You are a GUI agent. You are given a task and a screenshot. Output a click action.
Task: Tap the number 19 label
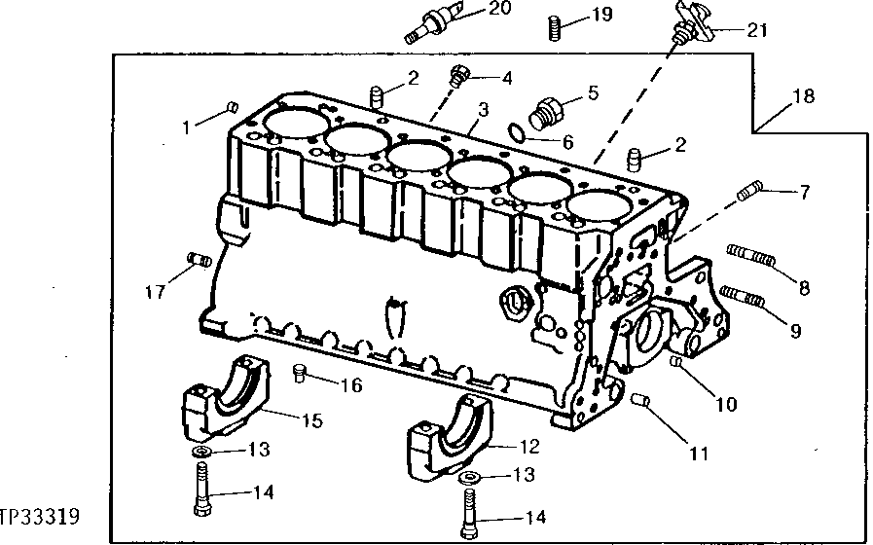(601, 15)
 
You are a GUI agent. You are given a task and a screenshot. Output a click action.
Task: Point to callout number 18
(803, 96)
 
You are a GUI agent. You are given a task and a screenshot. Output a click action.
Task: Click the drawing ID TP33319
(39, 515)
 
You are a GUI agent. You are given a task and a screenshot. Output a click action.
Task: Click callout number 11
(701, 452)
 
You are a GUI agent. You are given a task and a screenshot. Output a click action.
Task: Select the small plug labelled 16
(302, 371)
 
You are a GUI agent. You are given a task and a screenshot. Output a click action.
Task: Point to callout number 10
(725, 402)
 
